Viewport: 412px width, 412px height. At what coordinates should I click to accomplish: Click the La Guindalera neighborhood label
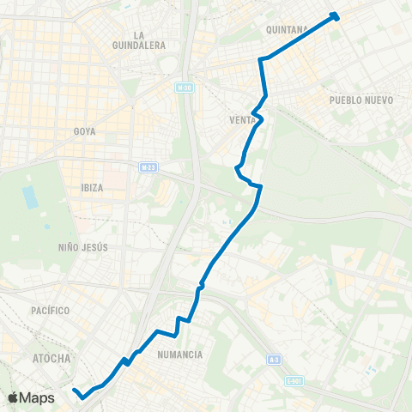[x=137, y=39]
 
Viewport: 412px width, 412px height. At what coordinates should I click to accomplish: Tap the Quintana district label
[x=287, y=29]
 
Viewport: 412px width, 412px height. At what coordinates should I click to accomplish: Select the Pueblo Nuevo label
[x=360, y=100]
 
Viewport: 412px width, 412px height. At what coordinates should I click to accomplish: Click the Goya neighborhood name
[x=84, y=131]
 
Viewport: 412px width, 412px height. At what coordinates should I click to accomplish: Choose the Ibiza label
[x=92, y=188]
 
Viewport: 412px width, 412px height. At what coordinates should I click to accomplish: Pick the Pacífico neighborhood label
[x=49, y=310]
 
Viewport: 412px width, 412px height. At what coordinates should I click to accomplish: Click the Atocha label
[x=51, y=358]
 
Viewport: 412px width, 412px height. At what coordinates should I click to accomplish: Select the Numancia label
[x=180, y=354]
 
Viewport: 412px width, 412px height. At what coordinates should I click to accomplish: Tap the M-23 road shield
[x=148, y=167]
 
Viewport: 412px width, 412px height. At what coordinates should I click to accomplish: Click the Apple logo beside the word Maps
[x=15, y=397]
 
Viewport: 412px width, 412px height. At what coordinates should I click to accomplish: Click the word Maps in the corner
[x=39, y=397]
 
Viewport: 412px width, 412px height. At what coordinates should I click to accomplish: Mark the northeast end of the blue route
[x=334, y=15]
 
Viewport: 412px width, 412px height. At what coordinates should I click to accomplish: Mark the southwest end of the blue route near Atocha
[x=76, y=391]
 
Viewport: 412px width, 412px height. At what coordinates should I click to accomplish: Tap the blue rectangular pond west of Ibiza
[x=31, y=197]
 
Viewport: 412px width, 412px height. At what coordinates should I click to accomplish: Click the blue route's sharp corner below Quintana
[x=261, y=59]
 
